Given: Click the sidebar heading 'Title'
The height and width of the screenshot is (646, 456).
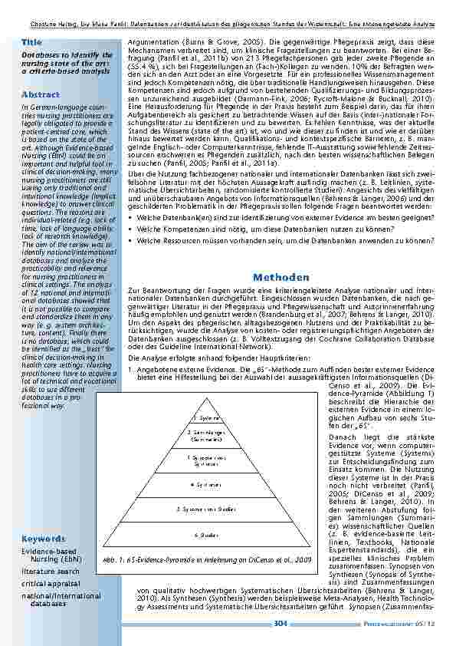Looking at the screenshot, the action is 32,41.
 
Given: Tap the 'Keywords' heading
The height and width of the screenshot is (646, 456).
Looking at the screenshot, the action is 43,539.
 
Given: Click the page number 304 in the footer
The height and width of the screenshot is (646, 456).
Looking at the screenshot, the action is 280,624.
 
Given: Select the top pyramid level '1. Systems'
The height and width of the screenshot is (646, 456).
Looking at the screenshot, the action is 205,418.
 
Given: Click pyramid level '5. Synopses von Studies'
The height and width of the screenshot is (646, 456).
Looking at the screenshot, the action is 205,508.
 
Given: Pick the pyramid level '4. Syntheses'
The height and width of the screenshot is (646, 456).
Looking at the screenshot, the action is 205,485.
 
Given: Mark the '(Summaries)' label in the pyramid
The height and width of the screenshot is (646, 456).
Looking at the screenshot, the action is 205,440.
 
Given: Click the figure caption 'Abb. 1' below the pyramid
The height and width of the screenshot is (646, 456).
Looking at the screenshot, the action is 207,561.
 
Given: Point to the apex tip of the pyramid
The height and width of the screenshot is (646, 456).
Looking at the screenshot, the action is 205,398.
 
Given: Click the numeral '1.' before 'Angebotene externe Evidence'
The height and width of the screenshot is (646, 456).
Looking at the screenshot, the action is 131,370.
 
